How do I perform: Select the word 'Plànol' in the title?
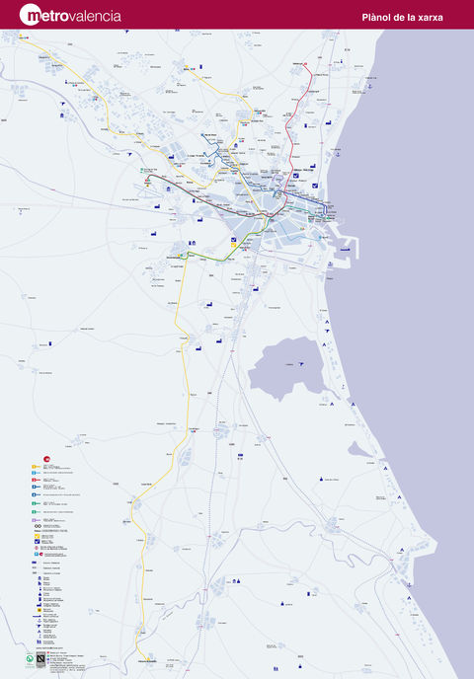pyautogui.click(x=381, y=17)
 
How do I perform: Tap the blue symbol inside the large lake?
pyautogui.click(x=301, y=364)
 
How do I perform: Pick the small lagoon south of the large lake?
pyautogui.click(x=361, y=449)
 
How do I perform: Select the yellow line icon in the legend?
pyautogui.click(x=35, y=474)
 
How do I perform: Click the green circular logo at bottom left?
pyautogui.click(x=29, y=658)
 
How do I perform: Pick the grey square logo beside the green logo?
pyautogui.click(x=40, y=658)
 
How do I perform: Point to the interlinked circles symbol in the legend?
pyautogui.click(x=37, y=531)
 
